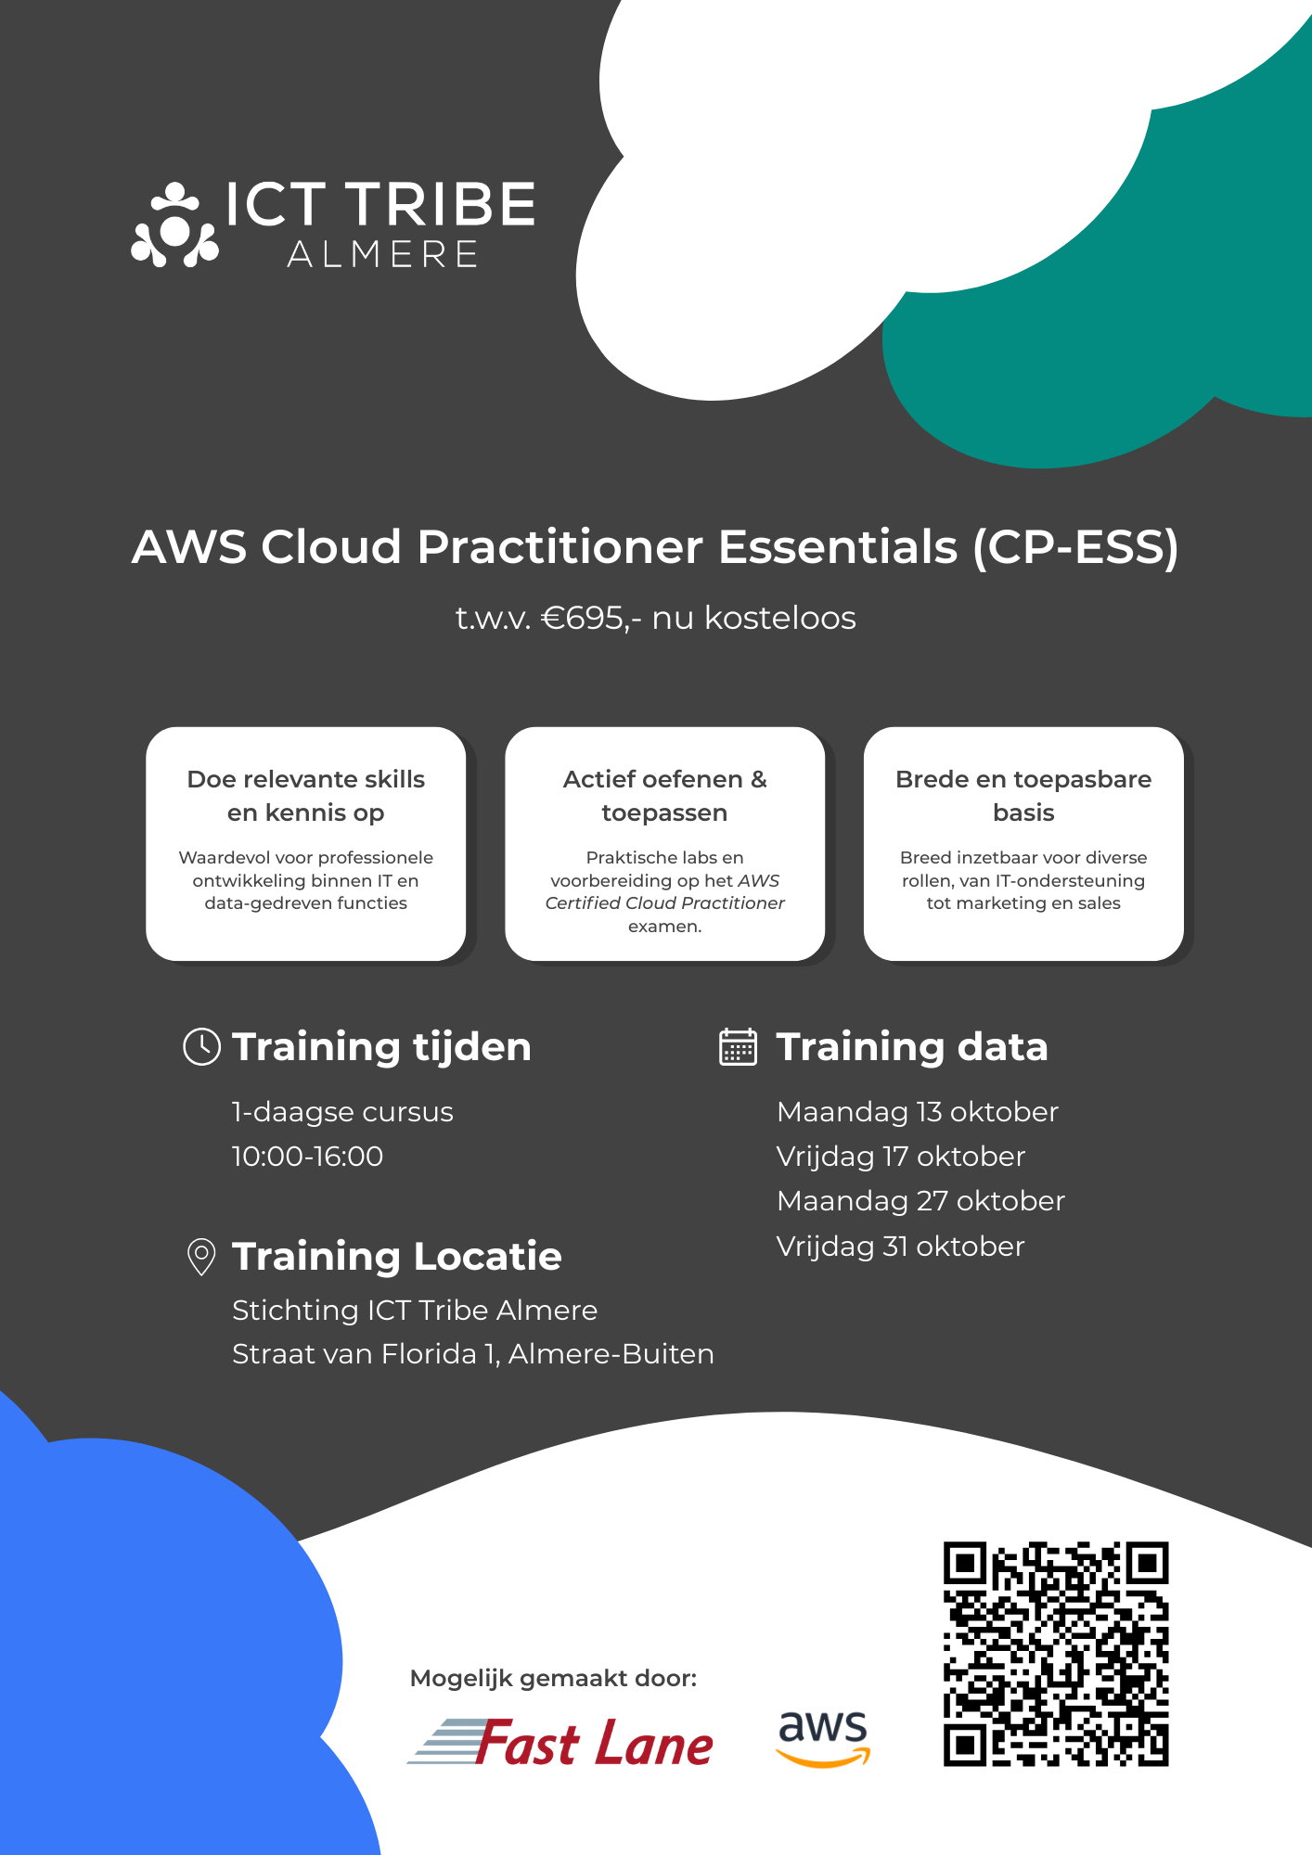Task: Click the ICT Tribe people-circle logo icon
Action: coord(174,225)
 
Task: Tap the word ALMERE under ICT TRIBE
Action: coord(382,254)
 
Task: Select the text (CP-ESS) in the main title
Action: coord(1076,546)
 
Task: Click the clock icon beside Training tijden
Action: coord(201,1046)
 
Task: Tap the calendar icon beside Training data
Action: coord(739,1046)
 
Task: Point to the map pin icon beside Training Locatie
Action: coord(201,1257)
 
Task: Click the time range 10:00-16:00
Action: coord(307,1157)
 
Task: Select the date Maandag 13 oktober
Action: coord(918,1112)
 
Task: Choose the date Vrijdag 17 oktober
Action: coord(901,1157)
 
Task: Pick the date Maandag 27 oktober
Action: coord(921,1201)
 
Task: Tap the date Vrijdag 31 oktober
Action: coord(901,1247)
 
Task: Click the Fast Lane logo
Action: coord(560,1742)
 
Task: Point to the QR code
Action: coord(1056,1654)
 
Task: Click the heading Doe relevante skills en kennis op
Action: coord(306,796)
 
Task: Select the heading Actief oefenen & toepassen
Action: coord(665,796)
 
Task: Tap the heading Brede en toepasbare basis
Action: coord(1023,796)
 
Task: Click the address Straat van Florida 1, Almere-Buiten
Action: coord(473,1354)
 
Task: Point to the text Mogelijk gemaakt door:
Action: coord(554,1678)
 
